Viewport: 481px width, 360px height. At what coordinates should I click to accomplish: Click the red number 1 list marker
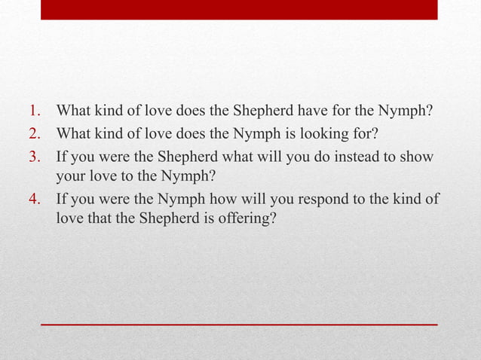point(36,113)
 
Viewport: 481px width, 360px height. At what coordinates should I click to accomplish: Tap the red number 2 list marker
point(36,136)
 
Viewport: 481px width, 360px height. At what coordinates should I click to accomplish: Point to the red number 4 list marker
point(36,200)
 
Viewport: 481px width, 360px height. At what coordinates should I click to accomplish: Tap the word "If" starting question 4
point(62,200)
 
